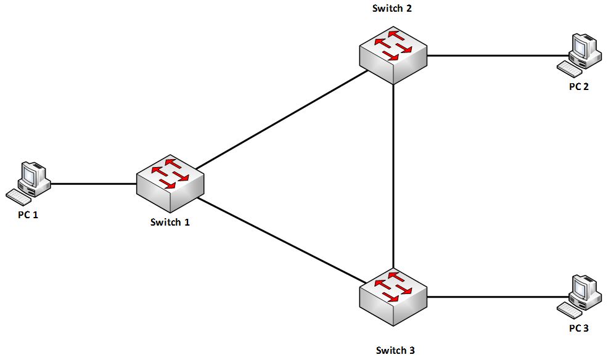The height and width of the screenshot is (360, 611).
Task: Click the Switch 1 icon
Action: [x=170, y=182]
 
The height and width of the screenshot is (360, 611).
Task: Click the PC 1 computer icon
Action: [x=28, y=181]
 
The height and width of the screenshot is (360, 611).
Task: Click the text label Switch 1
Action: [x=170, y=222]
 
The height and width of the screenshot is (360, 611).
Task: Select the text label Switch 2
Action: [x=392, y=8]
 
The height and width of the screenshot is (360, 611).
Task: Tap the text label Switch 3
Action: [x=395, y=350]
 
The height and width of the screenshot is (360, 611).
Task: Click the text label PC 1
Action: [x=28, y=215]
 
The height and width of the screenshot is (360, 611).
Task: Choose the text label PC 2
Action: [x=578, y=86]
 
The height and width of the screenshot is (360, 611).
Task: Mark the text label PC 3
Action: [x=578, y=329]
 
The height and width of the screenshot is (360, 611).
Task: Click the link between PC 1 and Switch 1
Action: [x=92, y=183]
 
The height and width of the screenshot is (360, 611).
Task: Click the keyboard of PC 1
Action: [x=18, y=196]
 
